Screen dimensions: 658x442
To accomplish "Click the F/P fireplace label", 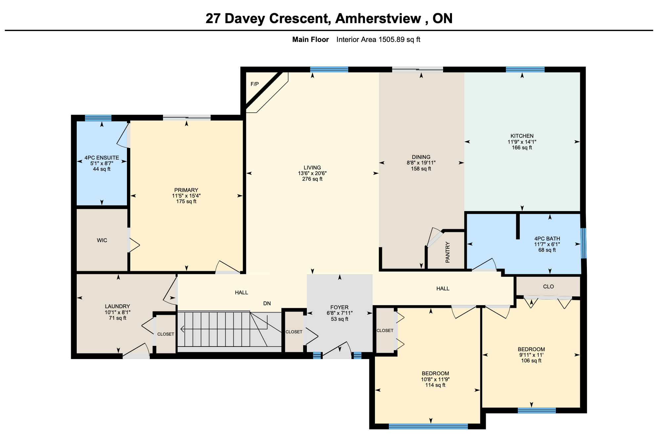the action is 255,84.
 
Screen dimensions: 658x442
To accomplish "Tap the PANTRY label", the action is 448,252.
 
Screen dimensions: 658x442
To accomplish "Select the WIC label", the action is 102,240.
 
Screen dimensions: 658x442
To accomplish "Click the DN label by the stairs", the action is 267,303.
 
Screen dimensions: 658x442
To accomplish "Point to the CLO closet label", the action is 548,287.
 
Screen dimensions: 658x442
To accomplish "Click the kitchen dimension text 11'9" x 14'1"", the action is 522,142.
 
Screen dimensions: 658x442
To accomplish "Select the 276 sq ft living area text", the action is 312,179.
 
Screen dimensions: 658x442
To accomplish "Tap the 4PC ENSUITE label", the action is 102,158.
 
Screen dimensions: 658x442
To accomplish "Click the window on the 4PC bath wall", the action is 584,243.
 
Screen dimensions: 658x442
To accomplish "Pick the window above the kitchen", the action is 525,69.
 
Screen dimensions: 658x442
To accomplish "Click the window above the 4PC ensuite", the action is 98,118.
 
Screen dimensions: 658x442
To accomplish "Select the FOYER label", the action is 340,307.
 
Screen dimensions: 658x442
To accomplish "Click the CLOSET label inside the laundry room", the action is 166,334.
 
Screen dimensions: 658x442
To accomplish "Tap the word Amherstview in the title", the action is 378,18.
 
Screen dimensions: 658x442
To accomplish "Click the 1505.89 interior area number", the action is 391,40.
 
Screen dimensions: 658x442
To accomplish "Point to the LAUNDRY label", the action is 117,307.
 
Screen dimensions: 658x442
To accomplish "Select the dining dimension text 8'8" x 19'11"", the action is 421,163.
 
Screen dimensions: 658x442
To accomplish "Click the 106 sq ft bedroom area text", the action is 531,361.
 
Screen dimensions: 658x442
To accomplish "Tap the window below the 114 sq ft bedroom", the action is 428,426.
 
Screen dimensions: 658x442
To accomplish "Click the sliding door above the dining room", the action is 417,69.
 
